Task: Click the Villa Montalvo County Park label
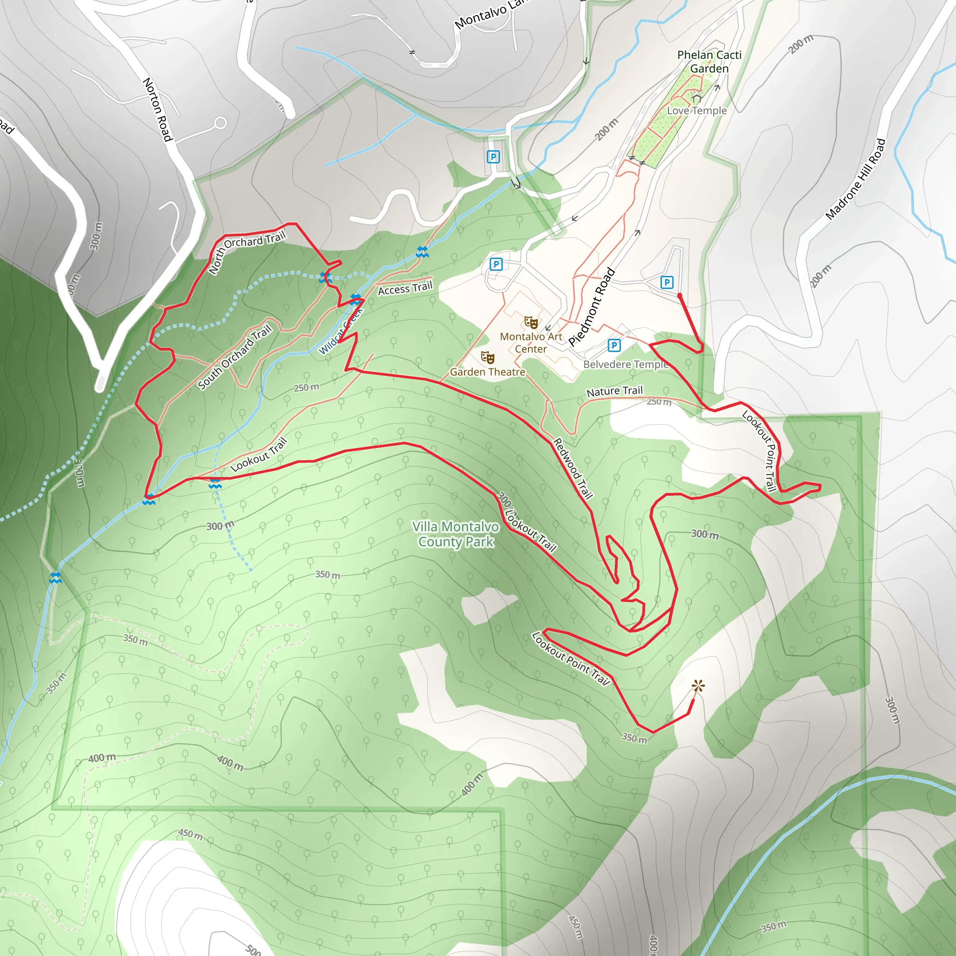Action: click(x=456, y=534)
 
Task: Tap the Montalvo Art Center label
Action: click(x=531, y=343)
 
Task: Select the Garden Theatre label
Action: click(x=487, y=372)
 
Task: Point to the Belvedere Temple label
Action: click(x=626, y=364)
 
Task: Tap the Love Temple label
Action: click(x=697, y=111)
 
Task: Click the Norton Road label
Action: click(x=157, y=109)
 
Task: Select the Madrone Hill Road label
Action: click(x=856, y=179)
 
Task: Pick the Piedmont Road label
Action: click(x=592, y=307)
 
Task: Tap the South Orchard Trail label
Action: click(x=235, y=356)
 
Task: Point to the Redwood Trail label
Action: click(x=572, y=468)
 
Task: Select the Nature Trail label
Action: click(x=615, y=391)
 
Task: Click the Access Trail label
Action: click(x=405, y=288)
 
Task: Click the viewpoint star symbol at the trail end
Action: click(x=698, y=686)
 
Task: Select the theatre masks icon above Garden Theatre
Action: click(x=488, y=357)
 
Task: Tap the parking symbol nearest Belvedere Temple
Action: click(x=614, y=345)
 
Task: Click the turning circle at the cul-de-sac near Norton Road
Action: click(x=221, y=123)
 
